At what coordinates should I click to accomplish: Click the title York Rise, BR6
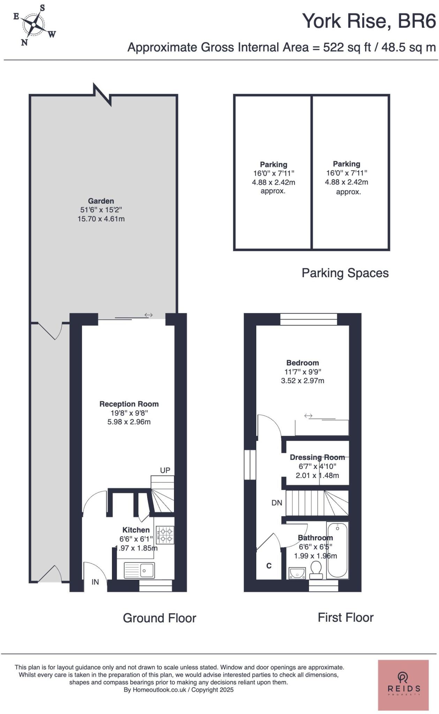(x=369, y=21)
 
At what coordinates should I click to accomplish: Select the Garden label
(x=101, y=201)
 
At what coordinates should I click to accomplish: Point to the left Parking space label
(x=273, y=165)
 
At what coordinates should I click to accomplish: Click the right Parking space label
(x=346, y=164)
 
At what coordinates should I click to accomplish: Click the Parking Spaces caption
(x=345, y=273)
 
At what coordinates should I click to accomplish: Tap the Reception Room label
(x=129, y=404)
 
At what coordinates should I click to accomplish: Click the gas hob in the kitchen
(x=165, y=535)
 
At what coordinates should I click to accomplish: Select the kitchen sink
(x=139, y=571)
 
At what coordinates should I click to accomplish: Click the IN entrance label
(x=95, y=582)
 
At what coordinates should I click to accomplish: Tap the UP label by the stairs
(x=165, y=470)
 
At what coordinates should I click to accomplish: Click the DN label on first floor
(x=277, y=503)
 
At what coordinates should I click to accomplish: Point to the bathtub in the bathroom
(x=337, y=550)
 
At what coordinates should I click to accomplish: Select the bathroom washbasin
(x=297, y=572)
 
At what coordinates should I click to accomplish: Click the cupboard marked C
(x=269, y=565)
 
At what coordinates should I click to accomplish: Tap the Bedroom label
(x=302, y=363)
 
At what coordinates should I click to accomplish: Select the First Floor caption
(x=345, y=618)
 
